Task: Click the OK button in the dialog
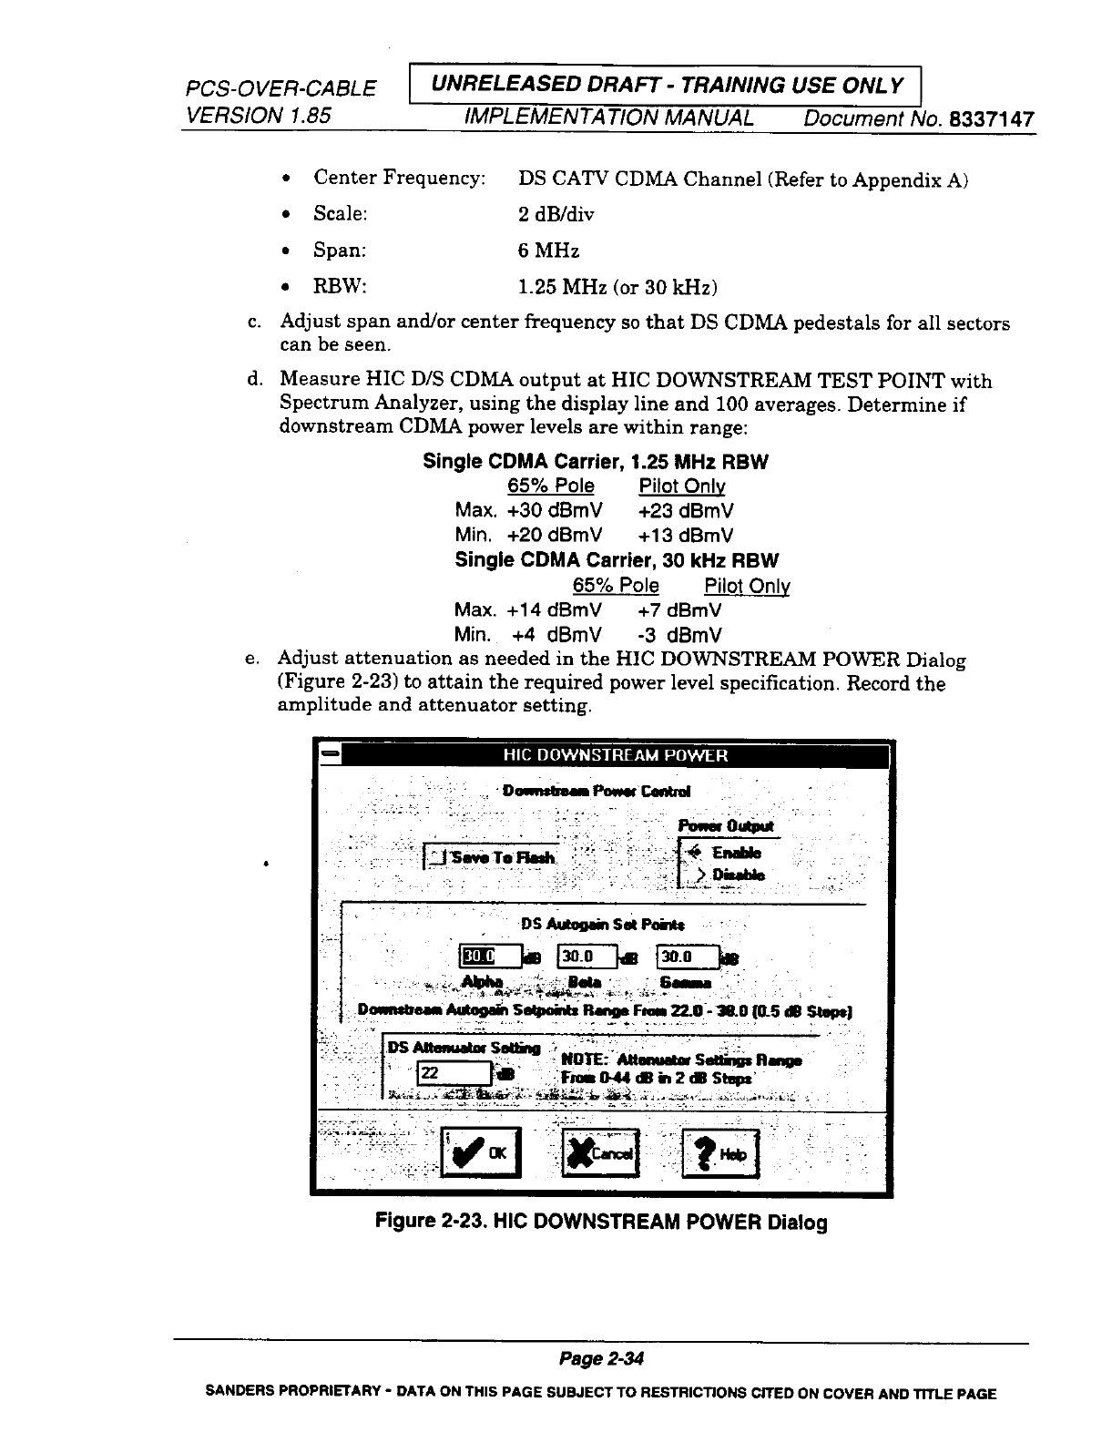(480, 1152)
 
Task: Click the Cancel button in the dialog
(601, 1153)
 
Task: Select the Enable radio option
(697, 854)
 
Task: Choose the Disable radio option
(700, 875)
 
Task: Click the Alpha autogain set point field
(490, 957)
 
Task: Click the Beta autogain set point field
(587, 957)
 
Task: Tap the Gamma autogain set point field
(687, 957)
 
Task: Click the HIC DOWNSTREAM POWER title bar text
(616, 755)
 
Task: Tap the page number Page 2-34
(601, 1360)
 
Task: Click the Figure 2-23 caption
(601, 1222)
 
